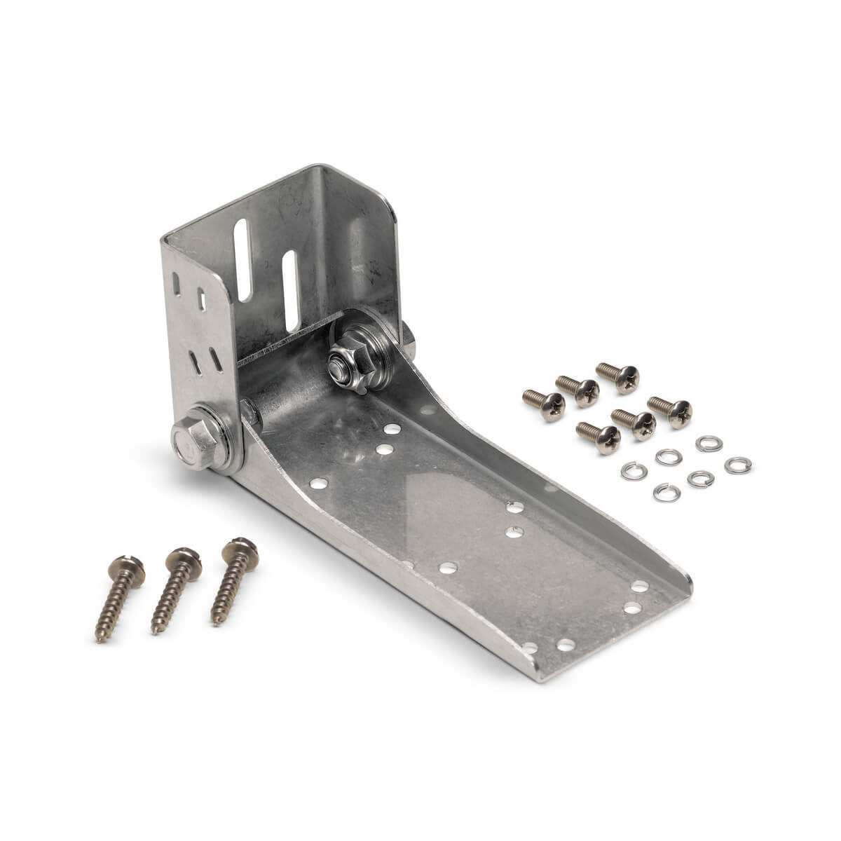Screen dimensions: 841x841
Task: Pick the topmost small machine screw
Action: (618, 376)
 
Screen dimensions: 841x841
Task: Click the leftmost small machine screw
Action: (545, 405)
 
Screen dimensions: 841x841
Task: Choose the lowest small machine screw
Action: (599, 437)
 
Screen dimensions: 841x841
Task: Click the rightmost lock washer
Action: (737, 465)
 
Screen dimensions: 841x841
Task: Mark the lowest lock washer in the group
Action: (666, 493)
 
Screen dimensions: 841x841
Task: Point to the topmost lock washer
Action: (709, 443)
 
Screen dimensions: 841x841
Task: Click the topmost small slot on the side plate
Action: (176, 285)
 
